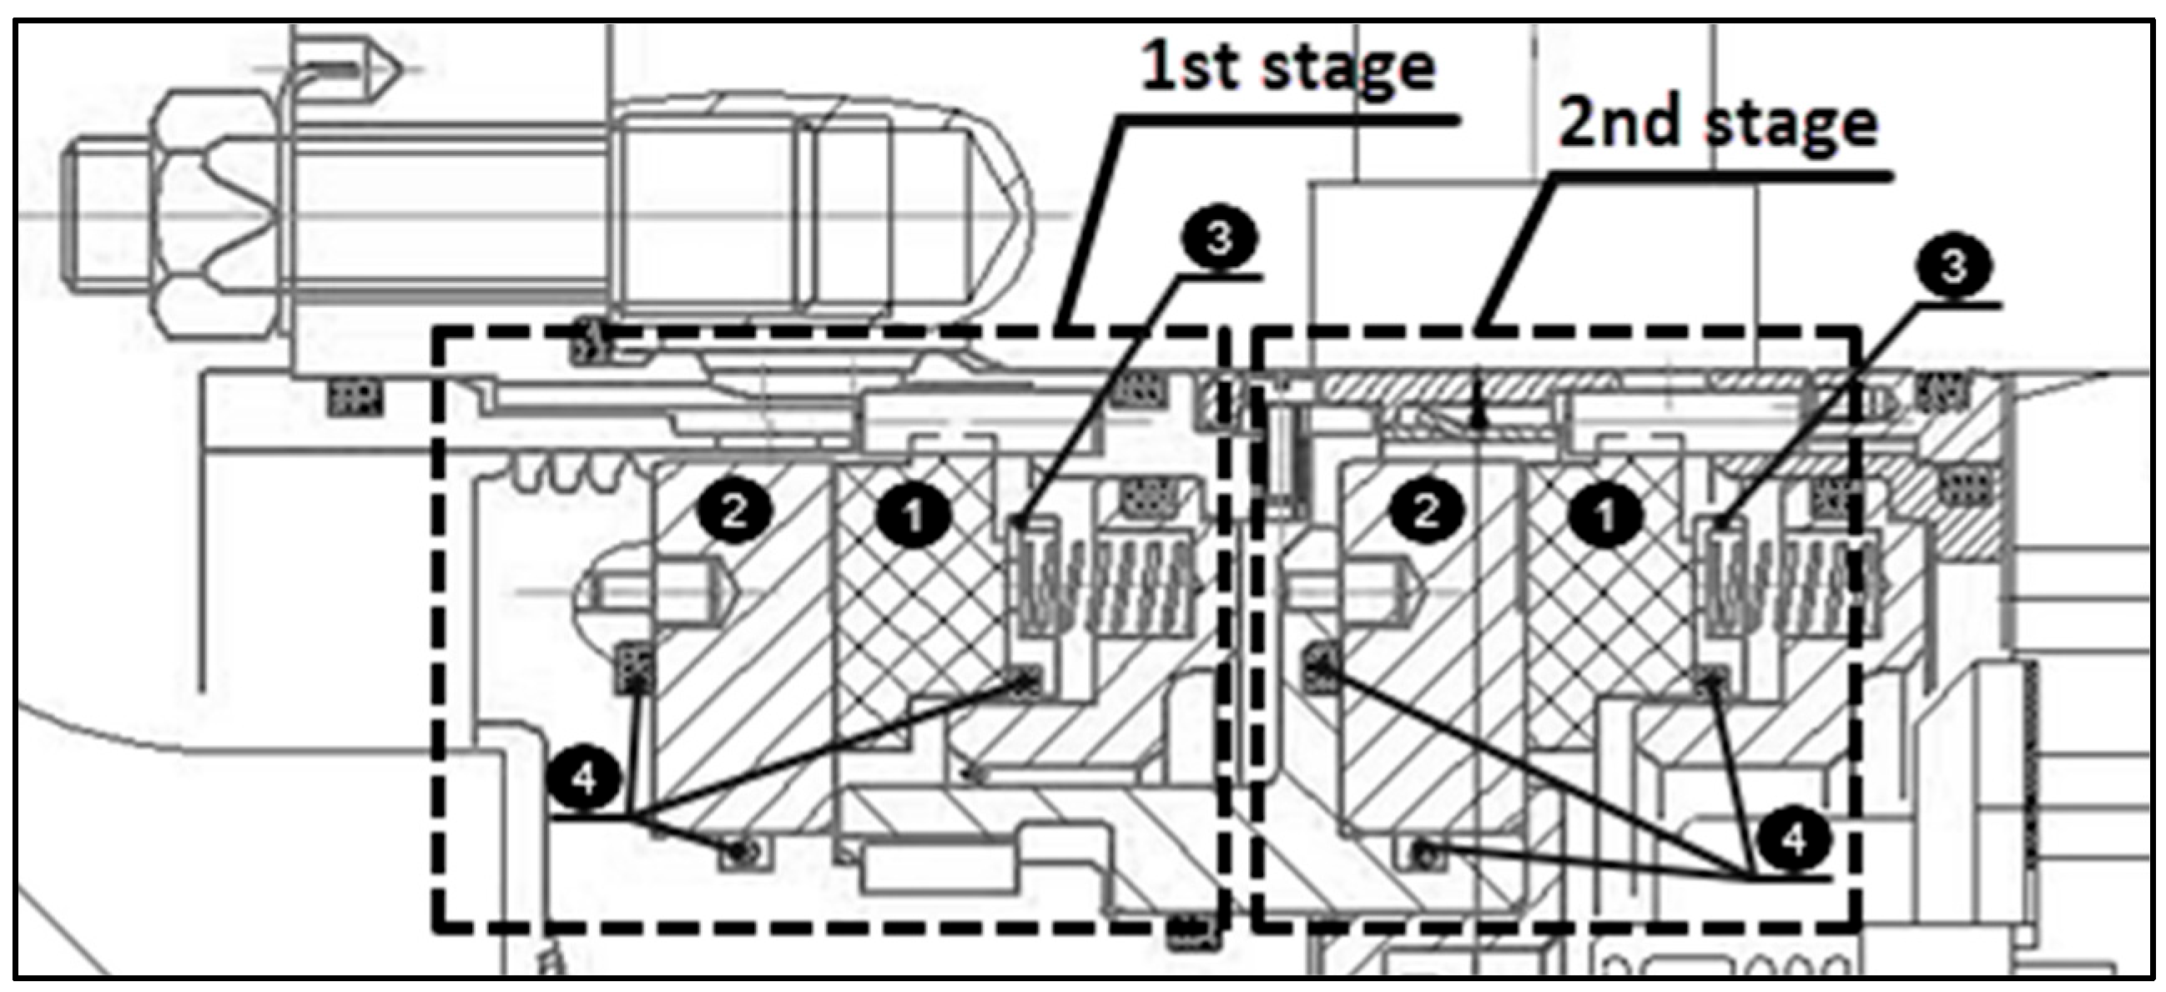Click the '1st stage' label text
click(x=1287, y=68)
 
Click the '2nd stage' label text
click(x=1718, y=124)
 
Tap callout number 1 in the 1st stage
click(x=913, y=515)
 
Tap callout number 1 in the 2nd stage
click(x=1604, y=515)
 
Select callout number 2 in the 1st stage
click(x=734, y=511)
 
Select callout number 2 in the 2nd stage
click(x=1426, y=511)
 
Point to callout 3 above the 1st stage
click(x=1219, y=239)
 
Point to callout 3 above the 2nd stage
click(x=1952, y=266)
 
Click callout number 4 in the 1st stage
click(x=584, y=778)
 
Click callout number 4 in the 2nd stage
click(x=1794, y=839)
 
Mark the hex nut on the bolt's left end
click(x=217, y=214)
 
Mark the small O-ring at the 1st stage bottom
click(x=741, y=853)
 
